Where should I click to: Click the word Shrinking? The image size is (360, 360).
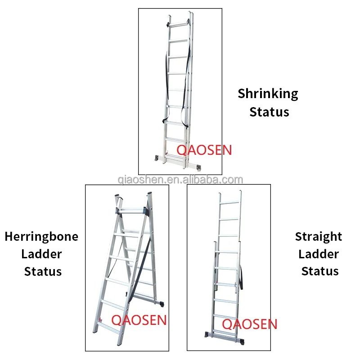click(268, 94)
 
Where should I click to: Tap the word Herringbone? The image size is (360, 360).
click(41, 237)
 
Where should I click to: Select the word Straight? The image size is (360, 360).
click(319, 237)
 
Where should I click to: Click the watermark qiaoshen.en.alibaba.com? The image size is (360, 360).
click(180, 180)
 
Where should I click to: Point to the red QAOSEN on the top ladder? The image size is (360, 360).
click(204, 150)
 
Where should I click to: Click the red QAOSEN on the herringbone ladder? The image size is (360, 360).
click(139, 320)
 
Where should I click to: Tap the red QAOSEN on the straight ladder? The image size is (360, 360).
click(250, 324)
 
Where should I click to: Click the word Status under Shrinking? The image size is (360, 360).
click(269, 112)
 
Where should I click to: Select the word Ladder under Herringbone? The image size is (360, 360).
click(41, 254)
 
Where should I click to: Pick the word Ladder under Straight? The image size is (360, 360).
click(319, 254)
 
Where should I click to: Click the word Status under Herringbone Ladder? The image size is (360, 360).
click(43, 271)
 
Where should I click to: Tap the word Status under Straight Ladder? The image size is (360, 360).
click(320, 271)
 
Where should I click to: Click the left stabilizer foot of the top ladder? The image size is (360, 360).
click(157, 158)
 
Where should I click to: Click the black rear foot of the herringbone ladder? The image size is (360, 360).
click(162, 304)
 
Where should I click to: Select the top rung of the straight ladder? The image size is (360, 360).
click(229, 203)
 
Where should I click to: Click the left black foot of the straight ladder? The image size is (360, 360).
click(207, 335)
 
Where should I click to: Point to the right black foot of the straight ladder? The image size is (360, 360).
click(241, 342)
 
